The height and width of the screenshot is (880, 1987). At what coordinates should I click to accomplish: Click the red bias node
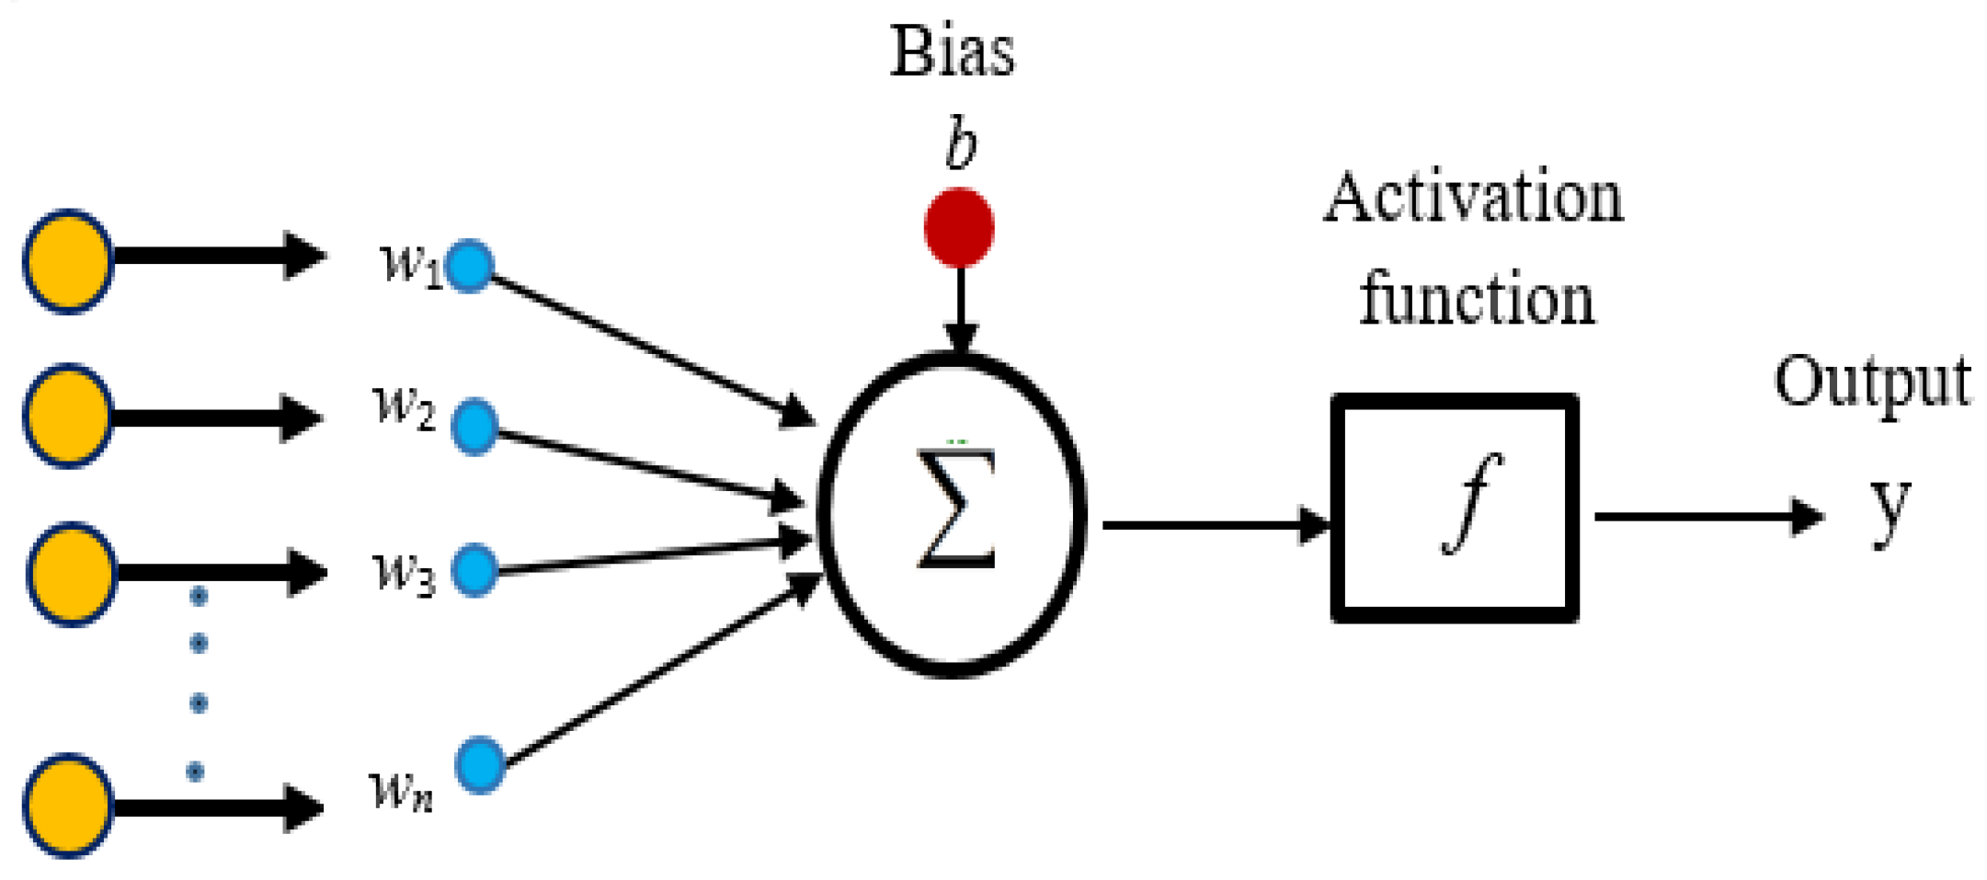pos(958,227)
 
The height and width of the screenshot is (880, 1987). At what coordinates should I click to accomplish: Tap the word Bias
pos(952,52)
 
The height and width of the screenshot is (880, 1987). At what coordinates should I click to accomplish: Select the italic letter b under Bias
pos(961,145)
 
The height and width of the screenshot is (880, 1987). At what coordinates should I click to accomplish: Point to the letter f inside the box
pos(1471,503)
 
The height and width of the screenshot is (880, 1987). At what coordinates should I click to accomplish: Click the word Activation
pos(1472,198)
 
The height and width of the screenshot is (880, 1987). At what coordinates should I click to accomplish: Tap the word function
pos(1477,299)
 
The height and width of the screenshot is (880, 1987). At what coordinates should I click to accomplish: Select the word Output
pos(1871,382)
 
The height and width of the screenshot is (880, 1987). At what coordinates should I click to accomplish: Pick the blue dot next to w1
pos(470,267)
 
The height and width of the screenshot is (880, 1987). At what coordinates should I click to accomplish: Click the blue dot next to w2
pos(474,427)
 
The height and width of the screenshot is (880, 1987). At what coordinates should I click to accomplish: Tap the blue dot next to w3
pos(474,570)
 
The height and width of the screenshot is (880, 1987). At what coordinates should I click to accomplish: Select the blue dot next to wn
pos(479,765)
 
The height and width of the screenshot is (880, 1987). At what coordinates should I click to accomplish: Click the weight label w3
pos(403,572)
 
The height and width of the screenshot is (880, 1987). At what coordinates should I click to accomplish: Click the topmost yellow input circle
pos(68,262)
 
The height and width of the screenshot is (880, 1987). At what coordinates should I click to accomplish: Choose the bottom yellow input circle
pos(68,806)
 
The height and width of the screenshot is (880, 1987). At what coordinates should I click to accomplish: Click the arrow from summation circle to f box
pos(1214,525)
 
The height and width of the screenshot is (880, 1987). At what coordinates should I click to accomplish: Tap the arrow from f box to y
pos(1706,517)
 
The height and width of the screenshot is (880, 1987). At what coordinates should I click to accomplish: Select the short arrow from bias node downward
pos(960,308)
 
